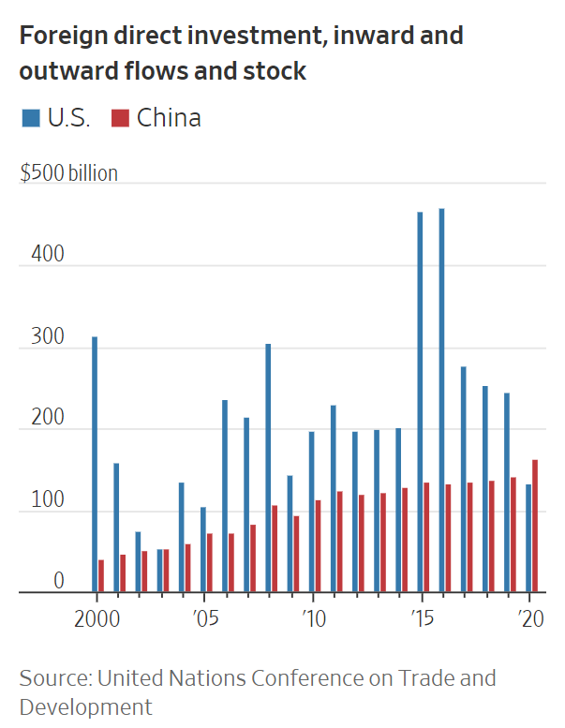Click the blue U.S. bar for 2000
coord(95,464)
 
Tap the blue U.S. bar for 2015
coord(420,402)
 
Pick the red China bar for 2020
coord(535,526)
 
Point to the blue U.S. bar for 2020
coord(528,538)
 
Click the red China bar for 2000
coord(101,575)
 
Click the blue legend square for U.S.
coord(30,118)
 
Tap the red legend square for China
coord(120,118)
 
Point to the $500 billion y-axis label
coord(68,174)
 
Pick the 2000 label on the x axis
coord(97,619)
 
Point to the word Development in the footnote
coord(85,706)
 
